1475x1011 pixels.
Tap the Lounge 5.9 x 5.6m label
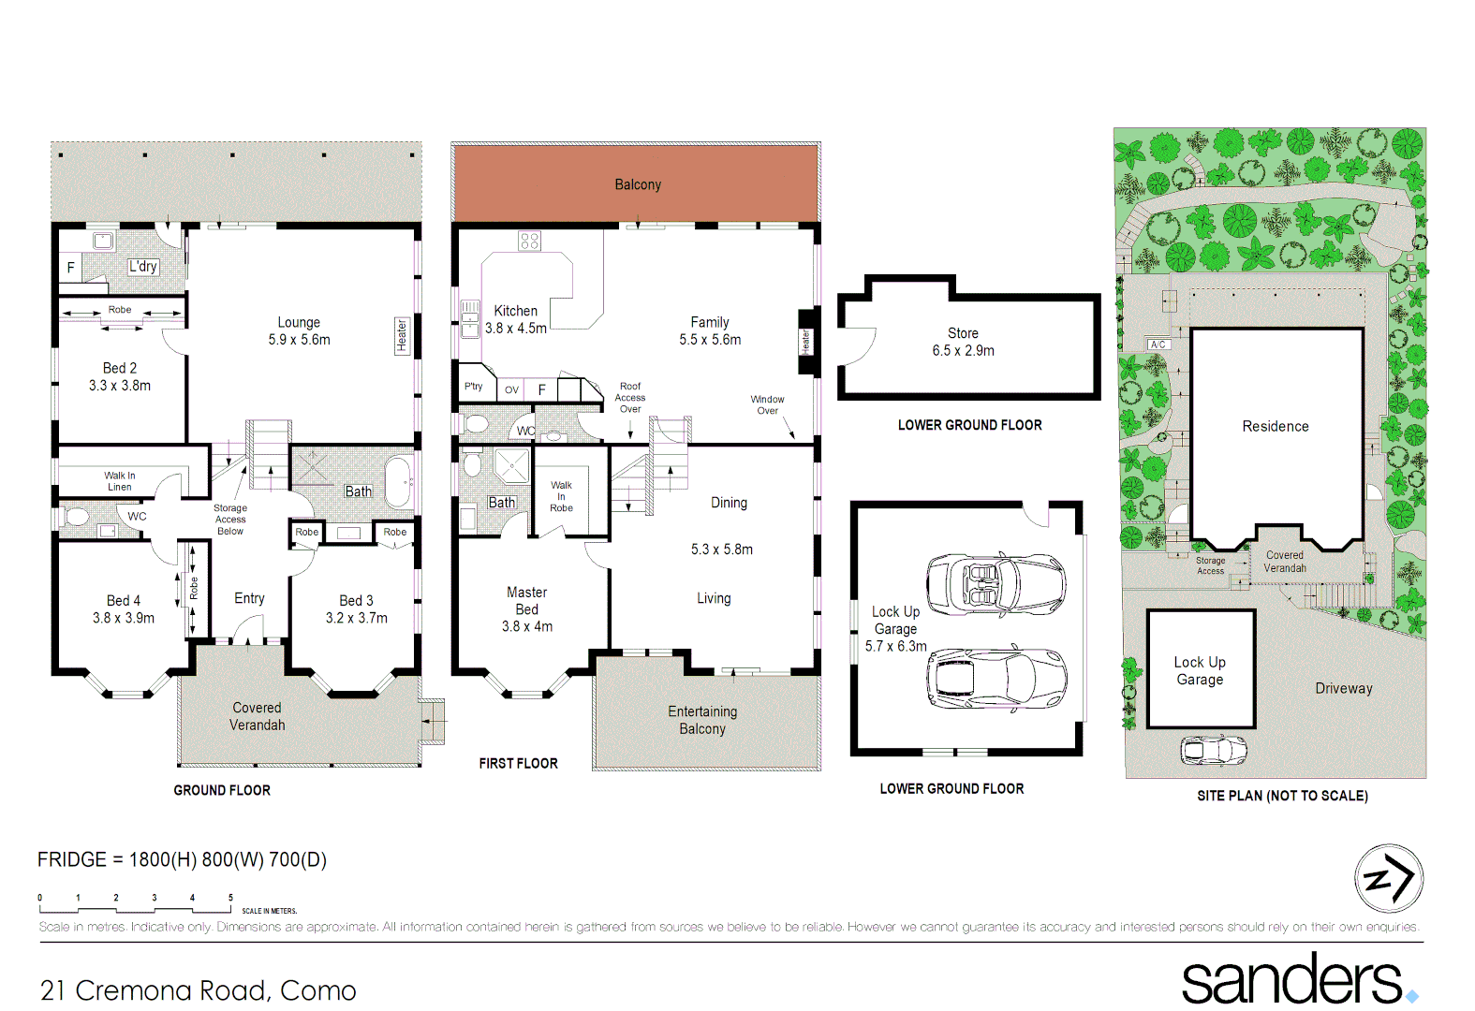pos(299,331)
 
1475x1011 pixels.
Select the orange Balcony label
pos(638,184)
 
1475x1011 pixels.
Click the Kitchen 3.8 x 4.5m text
pos(515,319)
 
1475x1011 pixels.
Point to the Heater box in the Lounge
pos(402,336)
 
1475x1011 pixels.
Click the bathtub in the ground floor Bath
pos(399,481)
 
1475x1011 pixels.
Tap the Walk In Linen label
pos(119,481)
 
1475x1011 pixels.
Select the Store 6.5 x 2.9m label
pos(963,342)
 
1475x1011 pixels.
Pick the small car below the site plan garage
pos(1214,750)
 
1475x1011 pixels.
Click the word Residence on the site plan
pos(1275,426)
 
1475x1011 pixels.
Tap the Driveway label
pos(1343,688)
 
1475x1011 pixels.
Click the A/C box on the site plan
pos(1158,344)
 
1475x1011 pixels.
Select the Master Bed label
pos(527,608)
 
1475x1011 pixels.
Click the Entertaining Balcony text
pos(702,720)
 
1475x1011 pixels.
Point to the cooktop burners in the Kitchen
pos(529,242)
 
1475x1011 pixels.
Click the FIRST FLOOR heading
pos(518,763)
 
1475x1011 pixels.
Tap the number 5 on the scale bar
pos(230,897)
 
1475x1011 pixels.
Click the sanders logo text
pos(1291,979)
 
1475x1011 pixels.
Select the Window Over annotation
pos(767,404)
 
